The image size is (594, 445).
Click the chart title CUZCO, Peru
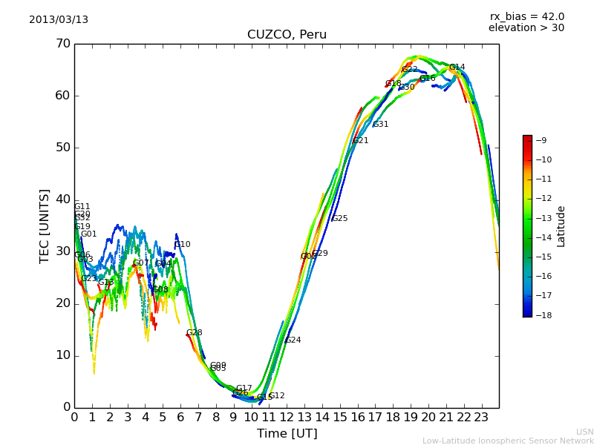pyautogui.click(x=287, y=35)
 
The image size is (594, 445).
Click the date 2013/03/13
pyautogui.click(x=59, y=19)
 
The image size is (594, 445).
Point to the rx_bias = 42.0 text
pyautogui.click(x=526, y=16)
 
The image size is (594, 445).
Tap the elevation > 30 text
pyautogui.click(x=526, y=28)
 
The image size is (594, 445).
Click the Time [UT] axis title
pyautogui.click(x=287, y=434)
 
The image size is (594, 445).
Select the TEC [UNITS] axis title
pyautogui.click(x=45, y=225)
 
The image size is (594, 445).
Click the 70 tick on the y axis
pyautogui.click(x=62, y=44)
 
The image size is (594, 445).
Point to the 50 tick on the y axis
pyautogui.click(x=62, y=148)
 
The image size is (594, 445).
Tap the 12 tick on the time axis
pyautogui.click(x=287, y=418)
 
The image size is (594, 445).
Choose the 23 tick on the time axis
pyautogui.click(x=481, y=418)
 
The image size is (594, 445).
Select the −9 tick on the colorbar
pyautogui.click(x=542, y=140)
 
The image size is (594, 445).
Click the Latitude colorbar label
pyautogui.click(x=561, y=226)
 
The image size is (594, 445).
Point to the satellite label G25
pyautogui.click(x=339, y=219)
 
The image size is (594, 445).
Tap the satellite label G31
pyautogui.click(x=380, y=125)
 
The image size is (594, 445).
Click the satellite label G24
pyautogui.click(x=293, y=340)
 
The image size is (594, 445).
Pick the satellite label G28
pyautogui.click(x=194, y=333)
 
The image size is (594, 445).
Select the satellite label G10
pyautogui.click(x=182, y=245)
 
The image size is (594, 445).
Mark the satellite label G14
pyautogui.click(x=457, y=67)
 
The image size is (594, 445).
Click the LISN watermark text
pyautogui.click(x=584, y=432)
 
